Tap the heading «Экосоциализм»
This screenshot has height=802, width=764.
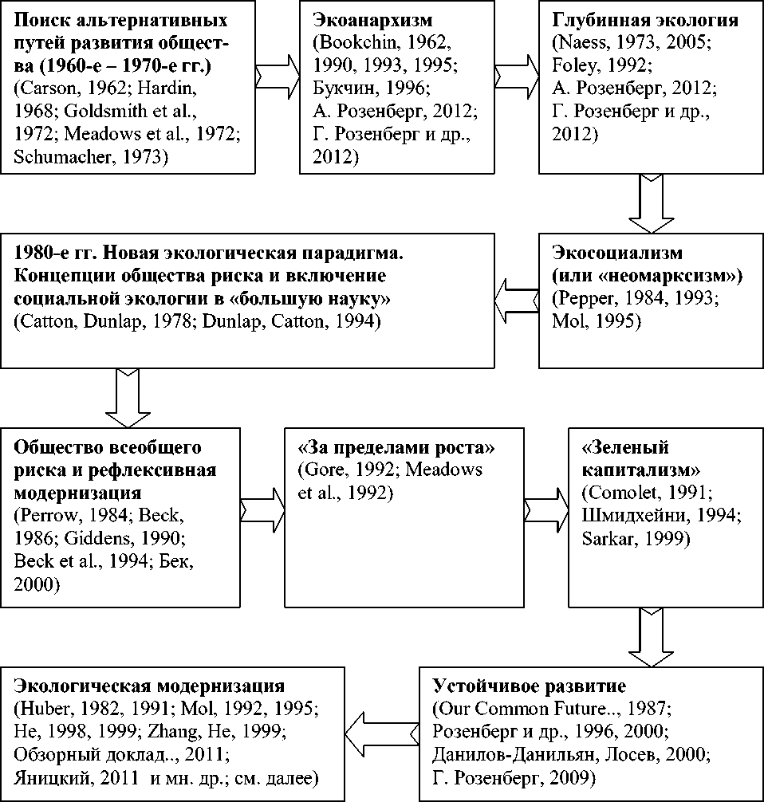[x=617, y=254]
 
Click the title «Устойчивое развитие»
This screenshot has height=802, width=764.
[x=530, y=686]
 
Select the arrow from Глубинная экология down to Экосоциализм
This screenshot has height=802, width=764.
[x=651, y=203]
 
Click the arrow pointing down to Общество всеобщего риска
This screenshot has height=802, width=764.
[x=127, y=396]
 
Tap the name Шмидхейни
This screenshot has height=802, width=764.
[x=637, y=515]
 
